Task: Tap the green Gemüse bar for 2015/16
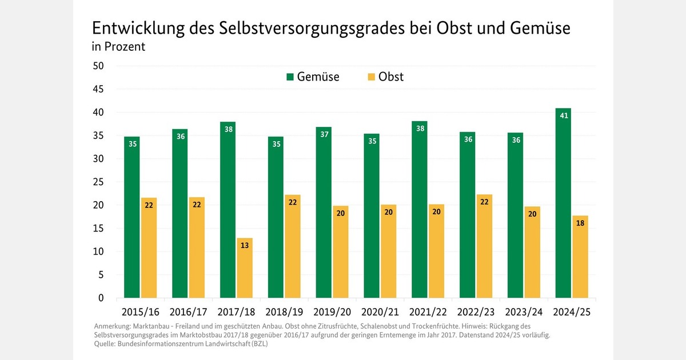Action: click(131, 217)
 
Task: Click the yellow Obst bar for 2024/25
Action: click(580, 257)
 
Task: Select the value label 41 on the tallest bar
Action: click(563, 116)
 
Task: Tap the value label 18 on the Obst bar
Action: click(580, 224)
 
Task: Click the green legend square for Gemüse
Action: click(290, 77)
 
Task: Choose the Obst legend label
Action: click(391, 77)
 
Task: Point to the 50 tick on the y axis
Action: click(98, 66)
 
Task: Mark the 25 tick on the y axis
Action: click(98, 182)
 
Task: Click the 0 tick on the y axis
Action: click(101, 298)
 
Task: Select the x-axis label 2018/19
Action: click(284, 313)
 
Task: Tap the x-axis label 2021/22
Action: click(428, 313)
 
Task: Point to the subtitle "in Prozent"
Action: click(118, 47)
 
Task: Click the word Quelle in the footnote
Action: click(106, 344)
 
